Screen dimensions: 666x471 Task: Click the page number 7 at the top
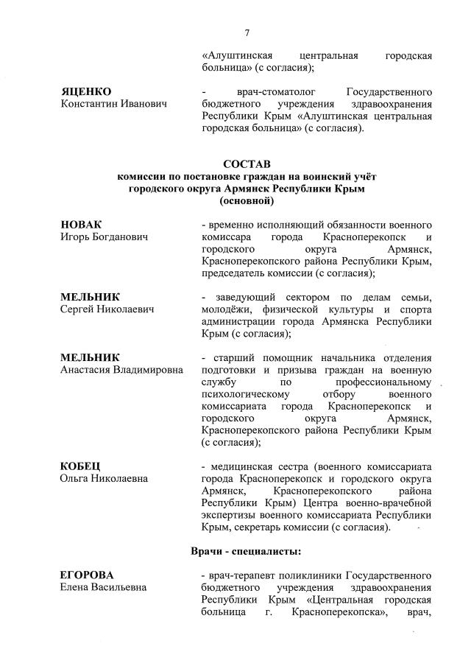point(247,32)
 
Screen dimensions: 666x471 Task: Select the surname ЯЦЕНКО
point(85,91)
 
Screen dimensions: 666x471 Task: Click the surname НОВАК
point(81,225)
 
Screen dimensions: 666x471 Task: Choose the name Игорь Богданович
point(104,238)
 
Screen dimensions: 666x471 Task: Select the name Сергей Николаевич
point(107,309)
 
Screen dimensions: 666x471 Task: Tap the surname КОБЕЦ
point(80,466)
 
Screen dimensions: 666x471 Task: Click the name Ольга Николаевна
point(104,480)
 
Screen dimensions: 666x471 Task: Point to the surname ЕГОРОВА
point(88,574)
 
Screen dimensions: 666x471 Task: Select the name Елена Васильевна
point(103,587)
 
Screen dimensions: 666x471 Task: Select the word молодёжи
point(224,309)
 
